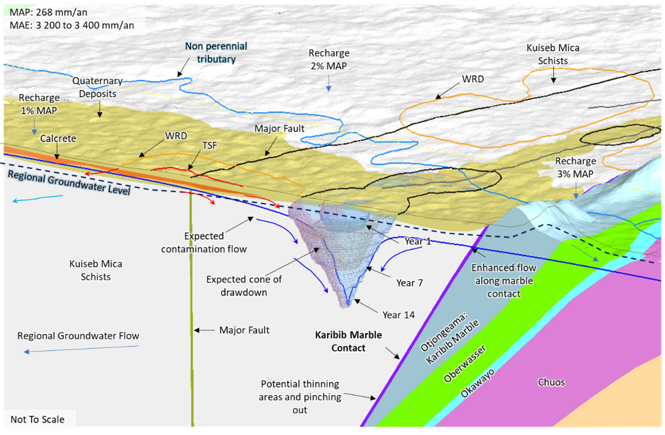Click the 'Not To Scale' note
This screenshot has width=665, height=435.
[x=37, y=419]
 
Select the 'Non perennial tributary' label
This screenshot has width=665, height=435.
[x=216, y=53]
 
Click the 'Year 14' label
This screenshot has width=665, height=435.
[x=398, y=315]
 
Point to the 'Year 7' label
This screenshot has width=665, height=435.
[x=409, y=283]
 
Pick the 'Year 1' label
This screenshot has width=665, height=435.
[x=418, y=241]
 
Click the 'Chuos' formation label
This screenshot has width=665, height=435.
[x=551, y=382]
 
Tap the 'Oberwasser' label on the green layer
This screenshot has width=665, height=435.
[x=465, y=364]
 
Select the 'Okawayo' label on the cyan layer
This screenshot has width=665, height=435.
[x=477, y=384]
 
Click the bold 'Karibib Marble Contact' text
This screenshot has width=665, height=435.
[x=348, y=341]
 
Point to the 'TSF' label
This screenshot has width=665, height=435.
[x=210, y=145]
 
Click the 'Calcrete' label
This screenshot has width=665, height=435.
[x=58, y=138]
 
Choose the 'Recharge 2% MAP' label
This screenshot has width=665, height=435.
[x=329, y=59]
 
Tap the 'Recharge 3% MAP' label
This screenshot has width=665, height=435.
[x=575, y=167]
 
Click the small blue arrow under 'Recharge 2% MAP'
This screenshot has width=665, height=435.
[x=329, y=83]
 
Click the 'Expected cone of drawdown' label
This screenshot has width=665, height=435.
[x=244, y=286]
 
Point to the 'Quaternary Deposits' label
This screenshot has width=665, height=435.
[x=98, y=87]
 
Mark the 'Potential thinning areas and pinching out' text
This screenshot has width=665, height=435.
[x=300, y=397]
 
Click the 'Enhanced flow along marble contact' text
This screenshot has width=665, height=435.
[x=504, y=280]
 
